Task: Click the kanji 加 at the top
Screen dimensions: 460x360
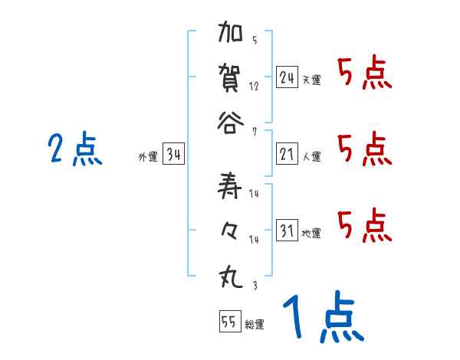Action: click(x=231, y=35)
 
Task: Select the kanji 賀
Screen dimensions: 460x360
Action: click(x=231, y=78)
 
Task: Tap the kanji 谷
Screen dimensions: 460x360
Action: click(x=231, y=122)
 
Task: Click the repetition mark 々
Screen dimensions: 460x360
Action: click(x=231, y=231)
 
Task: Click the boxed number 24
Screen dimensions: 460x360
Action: click(x=287, y=77)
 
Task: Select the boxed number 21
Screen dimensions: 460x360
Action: click(x=287, y=155)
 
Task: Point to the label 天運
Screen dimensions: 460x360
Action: click(x=311, y=80)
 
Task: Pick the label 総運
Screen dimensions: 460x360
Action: click(x=255, y=324)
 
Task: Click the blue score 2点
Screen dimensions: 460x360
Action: click(x=74, y=149)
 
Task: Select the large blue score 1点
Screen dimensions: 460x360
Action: click(x=322, y=317)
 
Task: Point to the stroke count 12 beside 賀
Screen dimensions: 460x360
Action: click(x=254, y=86)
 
